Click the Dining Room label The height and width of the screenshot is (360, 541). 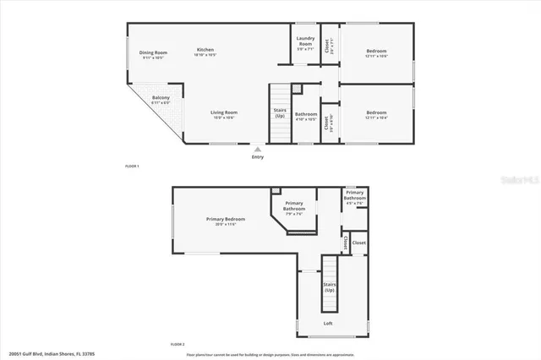click(154, 52)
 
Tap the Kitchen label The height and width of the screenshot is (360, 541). click(205, 49)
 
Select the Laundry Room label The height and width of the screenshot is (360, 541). click(305, 41)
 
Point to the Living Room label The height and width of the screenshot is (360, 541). click(224, 112)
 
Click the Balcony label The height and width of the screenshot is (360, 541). click(161, 98)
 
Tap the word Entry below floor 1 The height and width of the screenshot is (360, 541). click(258, 156)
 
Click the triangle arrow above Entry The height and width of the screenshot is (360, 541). click(258, 149)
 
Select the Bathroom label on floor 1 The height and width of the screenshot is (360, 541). click(306, 114)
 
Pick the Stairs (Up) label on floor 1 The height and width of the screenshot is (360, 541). click(280, 112)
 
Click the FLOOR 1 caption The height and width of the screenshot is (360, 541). click(132, 166)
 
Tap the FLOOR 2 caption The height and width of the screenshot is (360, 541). click(178, 345)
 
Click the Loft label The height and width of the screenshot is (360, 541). click(328, 324)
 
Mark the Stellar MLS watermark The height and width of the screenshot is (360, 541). click(516, 179)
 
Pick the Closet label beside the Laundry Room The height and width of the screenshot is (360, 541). click(329, 47)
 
